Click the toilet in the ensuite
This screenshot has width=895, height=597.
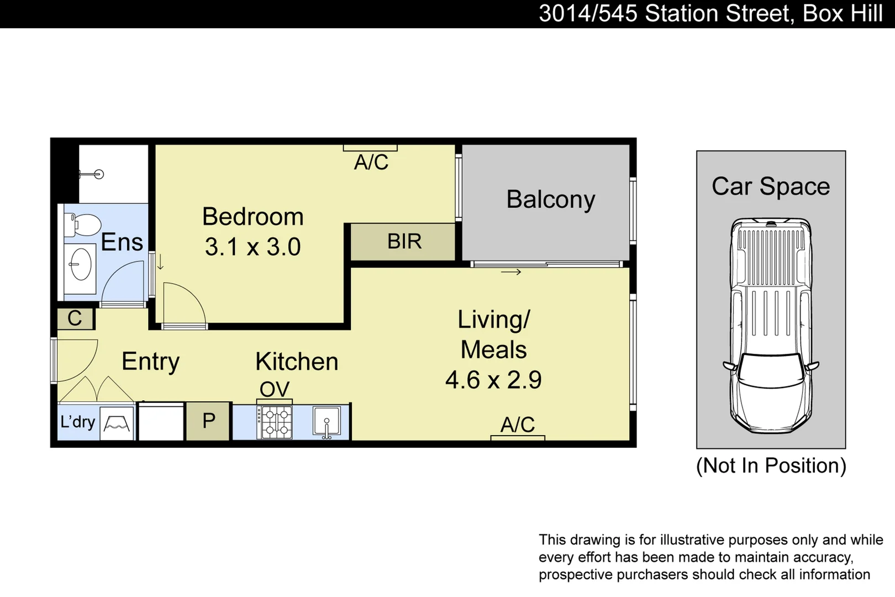(83, 225)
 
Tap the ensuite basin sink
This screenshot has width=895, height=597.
(81, 264)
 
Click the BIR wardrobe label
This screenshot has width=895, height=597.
(404, 242)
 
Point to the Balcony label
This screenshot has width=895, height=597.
(550, 199)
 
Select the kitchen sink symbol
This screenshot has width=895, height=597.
(327, 422)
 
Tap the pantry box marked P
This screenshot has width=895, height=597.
(208, 421)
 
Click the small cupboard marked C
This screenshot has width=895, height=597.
(75, 318)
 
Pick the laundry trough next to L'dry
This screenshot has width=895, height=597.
(117, 424)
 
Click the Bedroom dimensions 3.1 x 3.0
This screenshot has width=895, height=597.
(252, 247)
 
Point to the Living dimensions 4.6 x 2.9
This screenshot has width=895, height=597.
(493, 380)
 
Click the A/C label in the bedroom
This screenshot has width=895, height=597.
(371, 163)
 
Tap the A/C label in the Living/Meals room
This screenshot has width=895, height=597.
(517, 425)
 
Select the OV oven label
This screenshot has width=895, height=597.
(274, 389)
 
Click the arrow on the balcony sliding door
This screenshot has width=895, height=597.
(511, 272)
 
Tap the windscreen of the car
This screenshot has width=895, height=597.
(771, 368)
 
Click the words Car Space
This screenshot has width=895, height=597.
(770, 186)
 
